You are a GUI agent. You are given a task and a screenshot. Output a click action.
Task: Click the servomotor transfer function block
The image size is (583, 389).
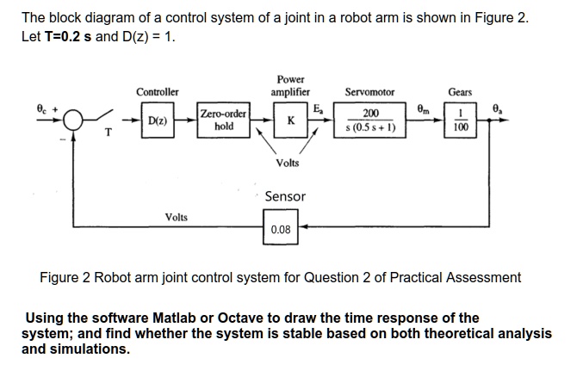(x=370, y=120)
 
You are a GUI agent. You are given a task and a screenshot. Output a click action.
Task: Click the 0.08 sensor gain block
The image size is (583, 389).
(x=281, y=230)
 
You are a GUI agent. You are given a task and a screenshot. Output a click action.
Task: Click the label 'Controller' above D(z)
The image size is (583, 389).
(x=158, y=91)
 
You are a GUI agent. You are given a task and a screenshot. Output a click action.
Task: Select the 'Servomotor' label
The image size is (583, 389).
(x=369, y=91)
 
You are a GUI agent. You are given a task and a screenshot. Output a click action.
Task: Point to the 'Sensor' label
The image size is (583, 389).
(x=285, y=196)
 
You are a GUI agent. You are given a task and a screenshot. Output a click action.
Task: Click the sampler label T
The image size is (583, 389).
(x=107, y=133)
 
